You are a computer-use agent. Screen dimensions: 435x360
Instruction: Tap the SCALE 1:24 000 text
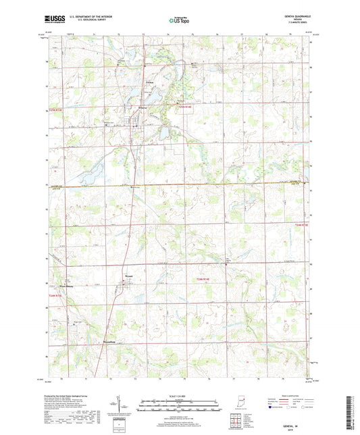click(178, 396)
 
